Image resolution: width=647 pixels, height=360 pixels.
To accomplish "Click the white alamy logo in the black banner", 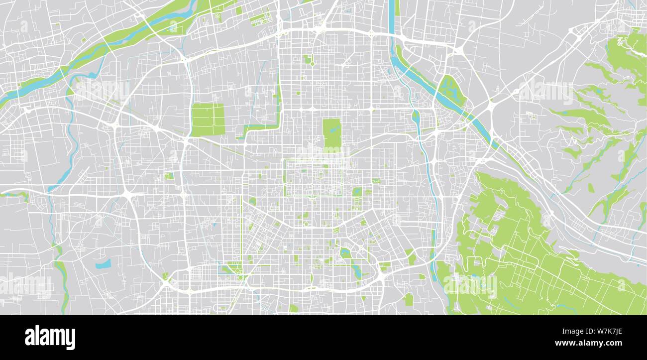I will [50, 337].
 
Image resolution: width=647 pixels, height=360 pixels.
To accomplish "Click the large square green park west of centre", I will [208, 120].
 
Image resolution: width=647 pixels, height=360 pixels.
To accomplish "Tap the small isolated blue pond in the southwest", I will [104, 264].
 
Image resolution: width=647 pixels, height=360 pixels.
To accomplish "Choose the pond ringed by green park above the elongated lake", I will [344, 253].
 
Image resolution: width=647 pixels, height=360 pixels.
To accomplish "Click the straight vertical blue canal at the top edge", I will [392, 15].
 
